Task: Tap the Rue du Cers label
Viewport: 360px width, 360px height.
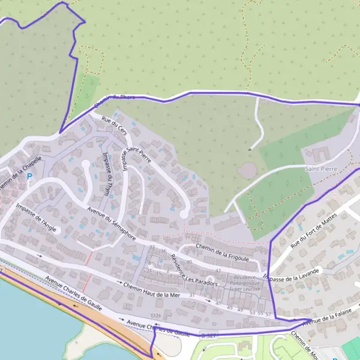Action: [x=114, y=126]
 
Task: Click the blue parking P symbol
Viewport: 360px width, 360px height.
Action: [x=29, y=177]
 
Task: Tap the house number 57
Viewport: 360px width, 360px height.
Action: [x=268, y=314]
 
